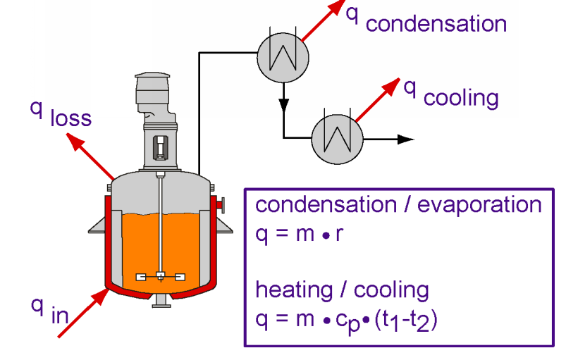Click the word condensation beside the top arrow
click(x=436, y=25)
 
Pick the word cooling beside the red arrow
click(x=461, y=97)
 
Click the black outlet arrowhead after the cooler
click(x=405, y=139)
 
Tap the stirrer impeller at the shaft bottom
click(x=161, y=277)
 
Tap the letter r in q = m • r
click(x=339, y=235)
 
